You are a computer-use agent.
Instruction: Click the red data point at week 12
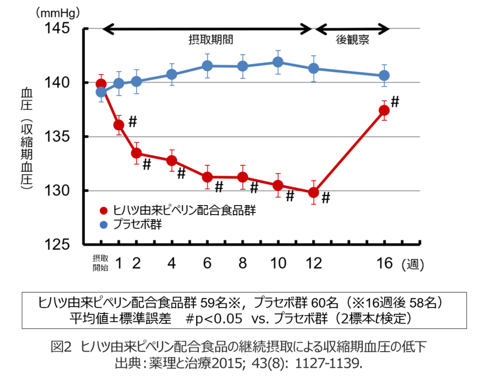[313, 192]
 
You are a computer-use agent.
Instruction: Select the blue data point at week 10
[278, 62]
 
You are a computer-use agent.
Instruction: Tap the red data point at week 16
[384, 110]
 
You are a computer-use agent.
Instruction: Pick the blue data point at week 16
[384, 75]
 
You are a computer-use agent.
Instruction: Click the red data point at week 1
[119, 125]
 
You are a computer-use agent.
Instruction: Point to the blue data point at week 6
[207, 66]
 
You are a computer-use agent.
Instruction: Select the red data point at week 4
[172, 160]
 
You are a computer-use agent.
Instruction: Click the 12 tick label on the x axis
[313, 262]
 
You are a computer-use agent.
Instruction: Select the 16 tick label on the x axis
[384, 262]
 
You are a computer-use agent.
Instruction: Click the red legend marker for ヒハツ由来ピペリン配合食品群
[104, 210]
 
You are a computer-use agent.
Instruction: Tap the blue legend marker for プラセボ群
[104, 225]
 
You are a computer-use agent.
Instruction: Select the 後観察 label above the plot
[353, 40]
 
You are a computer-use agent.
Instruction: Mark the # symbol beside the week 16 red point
[395, 101]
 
